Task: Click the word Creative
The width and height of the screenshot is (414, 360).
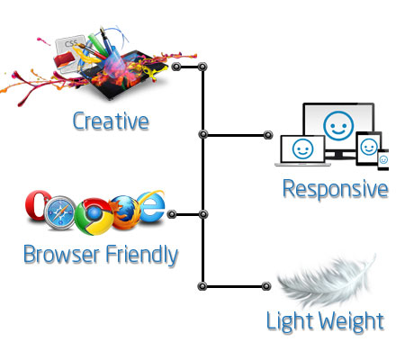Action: point(111,121)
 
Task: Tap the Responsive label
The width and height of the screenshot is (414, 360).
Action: point(336,189)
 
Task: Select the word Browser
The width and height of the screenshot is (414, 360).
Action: point(61,255)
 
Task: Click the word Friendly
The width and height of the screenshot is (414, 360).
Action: point(142,255)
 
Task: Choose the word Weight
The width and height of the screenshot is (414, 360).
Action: point(351,321)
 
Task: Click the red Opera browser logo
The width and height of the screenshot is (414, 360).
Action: point(38,205)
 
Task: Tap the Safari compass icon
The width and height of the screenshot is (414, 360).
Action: point(59,212)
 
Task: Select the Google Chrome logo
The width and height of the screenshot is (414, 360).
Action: point(94,216)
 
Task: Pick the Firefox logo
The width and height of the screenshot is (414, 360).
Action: point(126,211)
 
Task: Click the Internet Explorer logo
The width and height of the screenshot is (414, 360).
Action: point(151,206)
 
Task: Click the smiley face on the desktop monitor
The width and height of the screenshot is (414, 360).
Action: point(338,126)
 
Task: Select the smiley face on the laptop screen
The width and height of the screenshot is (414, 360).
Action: point(302,148)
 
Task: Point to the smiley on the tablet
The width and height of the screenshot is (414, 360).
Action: point(369,147)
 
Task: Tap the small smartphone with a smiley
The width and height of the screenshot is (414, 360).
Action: point(383,159)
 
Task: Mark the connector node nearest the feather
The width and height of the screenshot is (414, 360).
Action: point(266,286)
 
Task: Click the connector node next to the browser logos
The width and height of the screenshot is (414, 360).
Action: point(171,214)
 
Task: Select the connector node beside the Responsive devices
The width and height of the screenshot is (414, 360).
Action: point(268,135)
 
